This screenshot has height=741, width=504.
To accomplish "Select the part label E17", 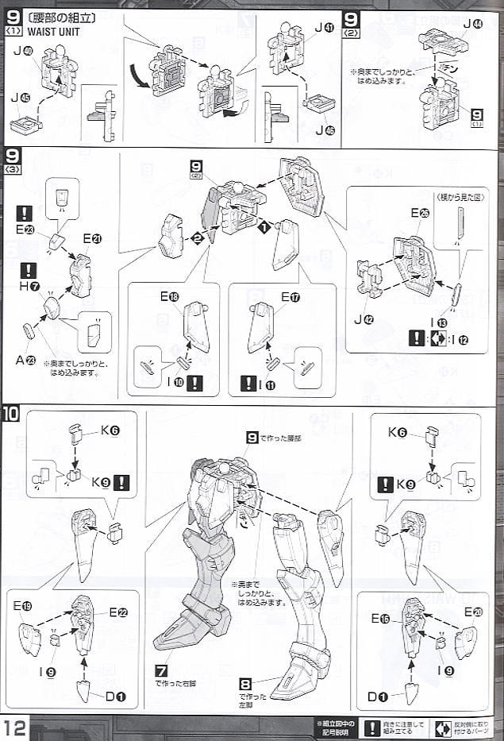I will pyautogui.click(x=290, y=296).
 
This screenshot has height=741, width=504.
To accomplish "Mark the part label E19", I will pyautogui.click(x=21, y=605).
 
